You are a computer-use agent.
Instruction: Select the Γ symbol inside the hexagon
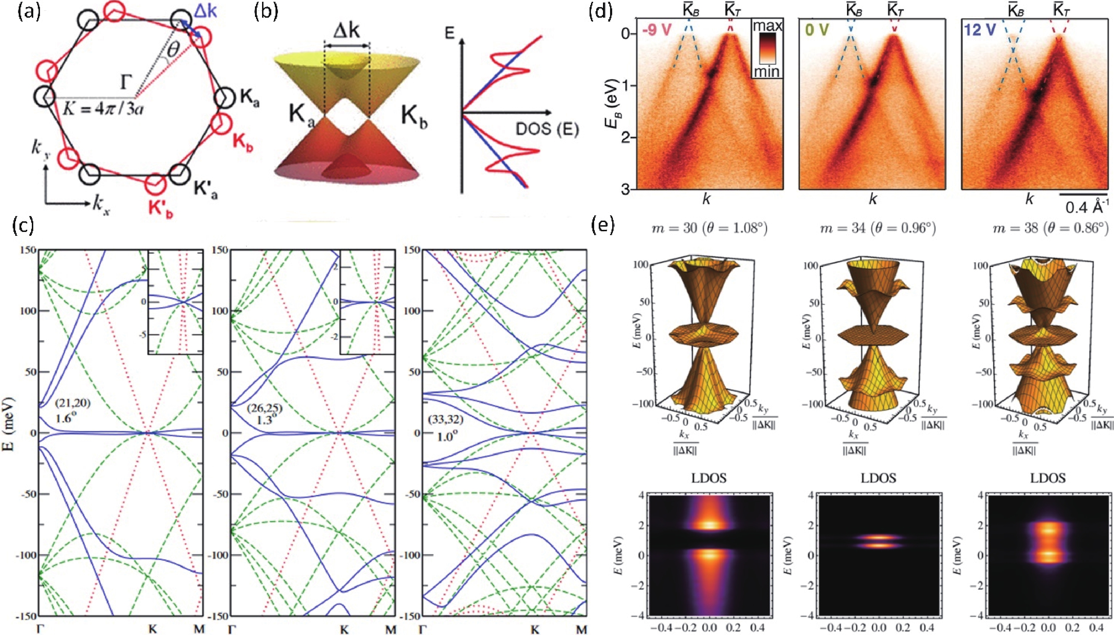(x=125, y=82)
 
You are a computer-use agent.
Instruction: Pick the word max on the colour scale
(x=767, y=26)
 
